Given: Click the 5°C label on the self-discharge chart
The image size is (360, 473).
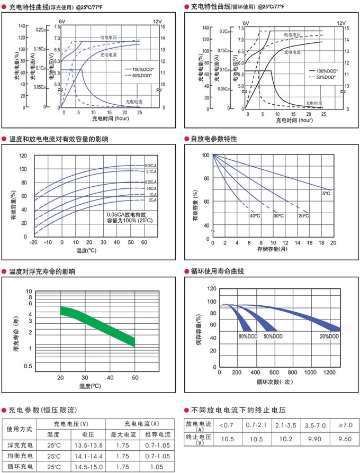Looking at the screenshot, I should pyautogui.click(x=326, y=194).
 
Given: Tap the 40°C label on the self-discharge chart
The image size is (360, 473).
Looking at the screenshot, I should pyautogui.click(x=255, y=216).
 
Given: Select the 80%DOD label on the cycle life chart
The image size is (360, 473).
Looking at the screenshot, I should pyautogui.click(x=248, y=336).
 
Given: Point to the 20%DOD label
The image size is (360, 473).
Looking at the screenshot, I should pyautogui.click(x=329, y=336).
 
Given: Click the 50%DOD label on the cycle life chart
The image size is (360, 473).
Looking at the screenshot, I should pyautogui.click(x=272, y=336).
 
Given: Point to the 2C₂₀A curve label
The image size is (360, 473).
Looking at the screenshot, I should pyautogui.click(x=152, y=201).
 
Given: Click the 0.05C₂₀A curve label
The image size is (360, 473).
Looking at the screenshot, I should pyautogui.click(x=151, y=166).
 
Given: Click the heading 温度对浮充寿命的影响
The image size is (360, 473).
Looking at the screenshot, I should pyautogui.click(x=42, y=271).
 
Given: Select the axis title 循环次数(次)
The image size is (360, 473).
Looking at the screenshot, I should pyautogui.click(x=274, y=381).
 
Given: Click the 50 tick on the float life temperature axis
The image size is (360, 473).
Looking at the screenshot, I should pyautogui.click(x=135, y=377).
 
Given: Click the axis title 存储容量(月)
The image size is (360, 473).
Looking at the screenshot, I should pyautogui.click(x=273, y=249).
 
